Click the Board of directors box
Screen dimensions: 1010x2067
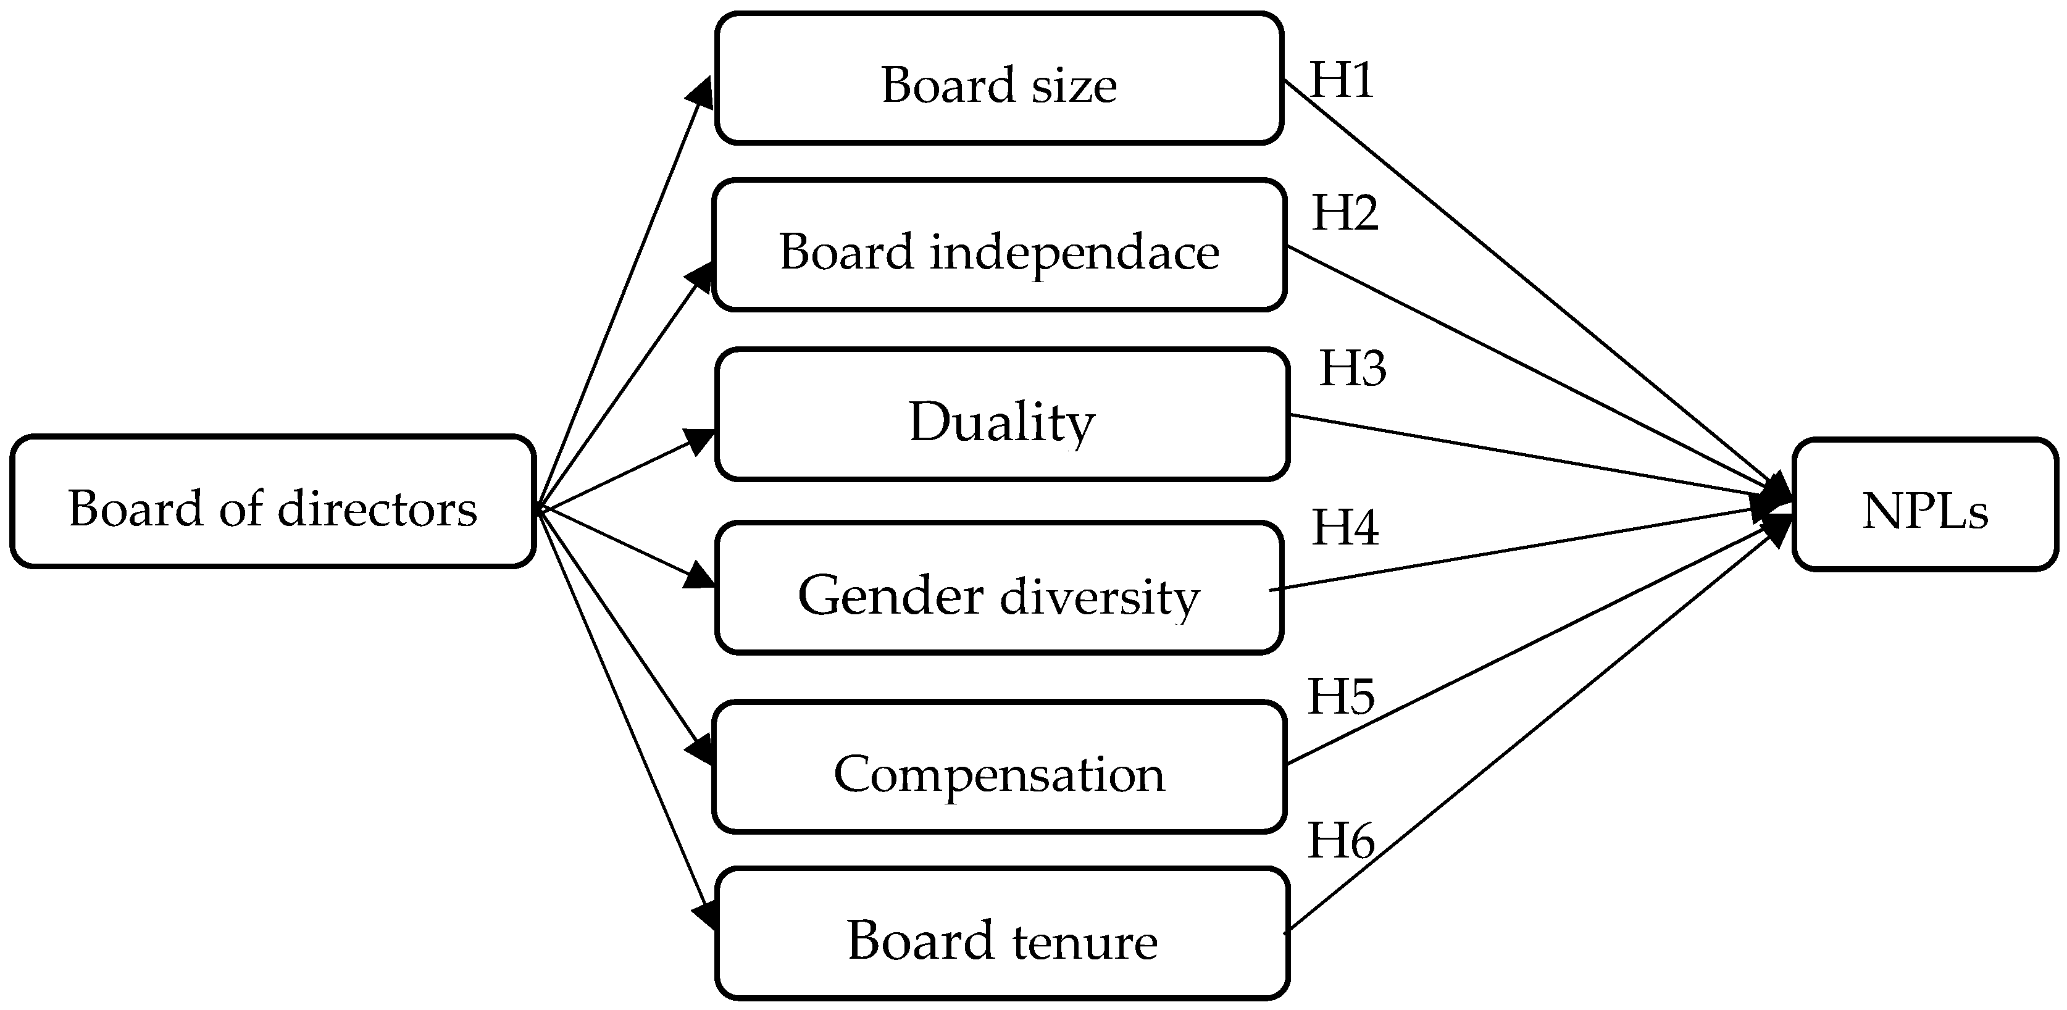273,502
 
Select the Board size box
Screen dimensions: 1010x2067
998,78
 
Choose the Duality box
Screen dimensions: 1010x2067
1001,415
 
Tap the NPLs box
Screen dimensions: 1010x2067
1924,504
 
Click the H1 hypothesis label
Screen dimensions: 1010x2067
1342,80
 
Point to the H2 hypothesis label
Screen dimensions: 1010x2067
1344,214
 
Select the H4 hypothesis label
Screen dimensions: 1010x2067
1344,528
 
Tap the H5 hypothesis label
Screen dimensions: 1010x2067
1341,696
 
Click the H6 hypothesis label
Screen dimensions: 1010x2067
1341,841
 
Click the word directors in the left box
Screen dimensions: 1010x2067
377,509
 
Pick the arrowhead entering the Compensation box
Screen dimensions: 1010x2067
699,751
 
